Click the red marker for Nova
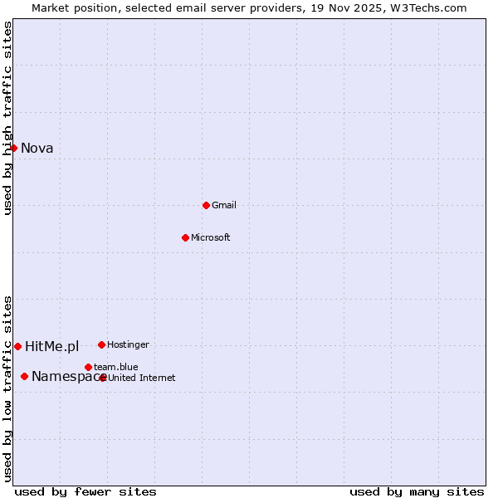[13, 148]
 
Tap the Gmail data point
[206, 205]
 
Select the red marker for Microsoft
[185, 237]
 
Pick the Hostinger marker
[101, 344]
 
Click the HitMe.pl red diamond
[17, 346]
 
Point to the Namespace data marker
[24, 376]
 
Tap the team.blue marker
[88, 367]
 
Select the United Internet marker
[103, 378]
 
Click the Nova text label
[37, 149]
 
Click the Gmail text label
[224, 205]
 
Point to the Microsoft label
[211, 237]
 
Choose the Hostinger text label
[128, 344]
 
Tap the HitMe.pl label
[52, 347]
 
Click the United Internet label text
[142, 378]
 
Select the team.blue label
[116, 367]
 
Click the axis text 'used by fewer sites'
[85, 491]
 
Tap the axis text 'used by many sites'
[417, 491]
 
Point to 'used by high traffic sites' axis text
[7, 118]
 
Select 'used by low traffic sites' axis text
[7, 388]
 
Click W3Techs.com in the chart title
[429, 8]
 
